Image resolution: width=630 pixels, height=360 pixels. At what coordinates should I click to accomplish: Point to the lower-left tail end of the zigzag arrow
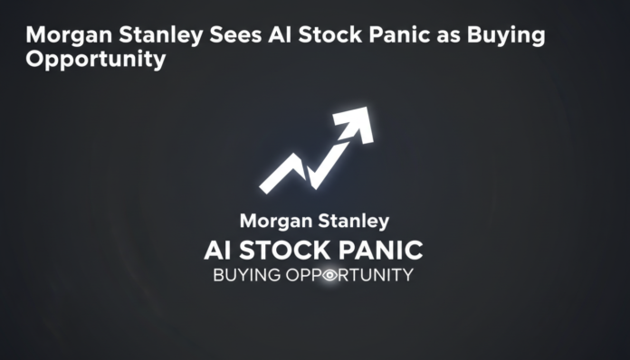265,187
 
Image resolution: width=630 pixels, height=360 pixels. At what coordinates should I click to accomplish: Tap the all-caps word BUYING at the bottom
241,275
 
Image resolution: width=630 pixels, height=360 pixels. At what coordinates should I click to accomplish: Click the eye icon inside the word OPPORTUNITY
329,275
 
